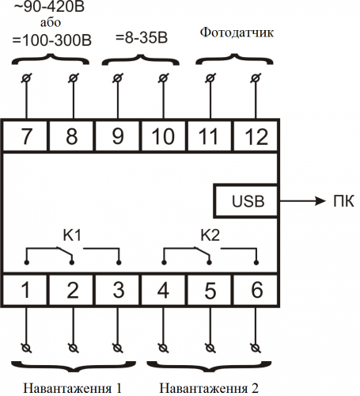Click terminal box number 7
click(x=25, y=135)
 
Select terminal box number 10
click(x=164, y=135)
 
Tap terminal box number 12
click(x=256, y=135)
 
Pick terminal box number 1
click(x=25, y=290)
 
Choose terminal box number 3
click(x=118, y=290)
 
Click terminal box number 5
click(x=210, y=290)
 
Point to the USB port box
click(x=246, y=201)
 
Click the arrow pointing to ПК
click(x=302, y=201)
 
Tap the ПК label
click(x=343, y=201)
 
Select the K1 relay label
click(x=72, y=235)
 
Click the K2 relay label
click(x=210, y=235)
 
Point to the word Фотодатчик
click(x=237, y=32)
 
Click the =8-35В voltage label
click(x=142, y=38)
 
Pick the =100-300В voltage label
click(x=52, y=40)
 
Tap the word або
click(x=51, y=22)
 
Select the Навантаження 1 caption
click(x=73, y=388)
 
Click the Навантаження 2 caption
click(x=209, y=388)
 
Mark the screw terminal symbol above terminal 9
click(x=118, y=78)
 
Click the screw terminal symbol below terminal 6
click(x=256, y=348)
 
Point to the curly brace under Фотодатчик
click(x=234, y=58)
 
